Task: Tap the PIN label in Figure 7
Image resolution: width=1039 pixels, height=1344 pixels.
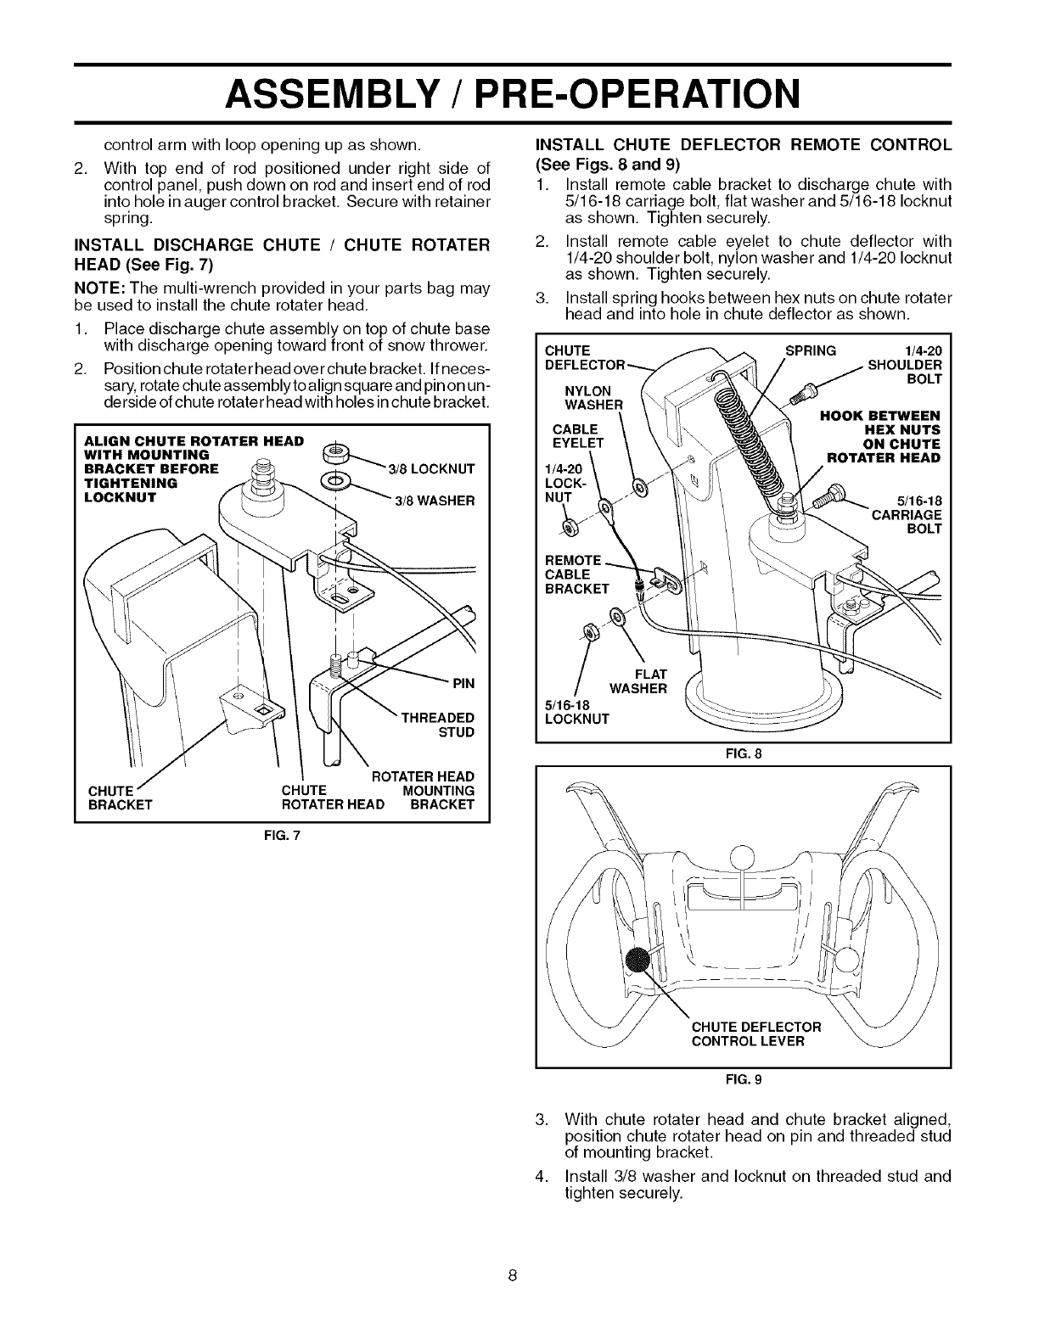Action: [462, 683]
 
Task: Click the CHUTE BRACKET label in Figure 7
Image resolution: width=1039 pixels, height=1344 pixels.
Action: [120, 798]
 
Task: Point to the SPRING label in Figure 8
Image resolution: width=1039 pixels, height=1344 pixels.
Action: [811, 350]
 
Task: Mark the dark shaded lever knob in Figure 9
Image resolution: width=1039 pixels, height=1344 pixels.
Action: [640, 961]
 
